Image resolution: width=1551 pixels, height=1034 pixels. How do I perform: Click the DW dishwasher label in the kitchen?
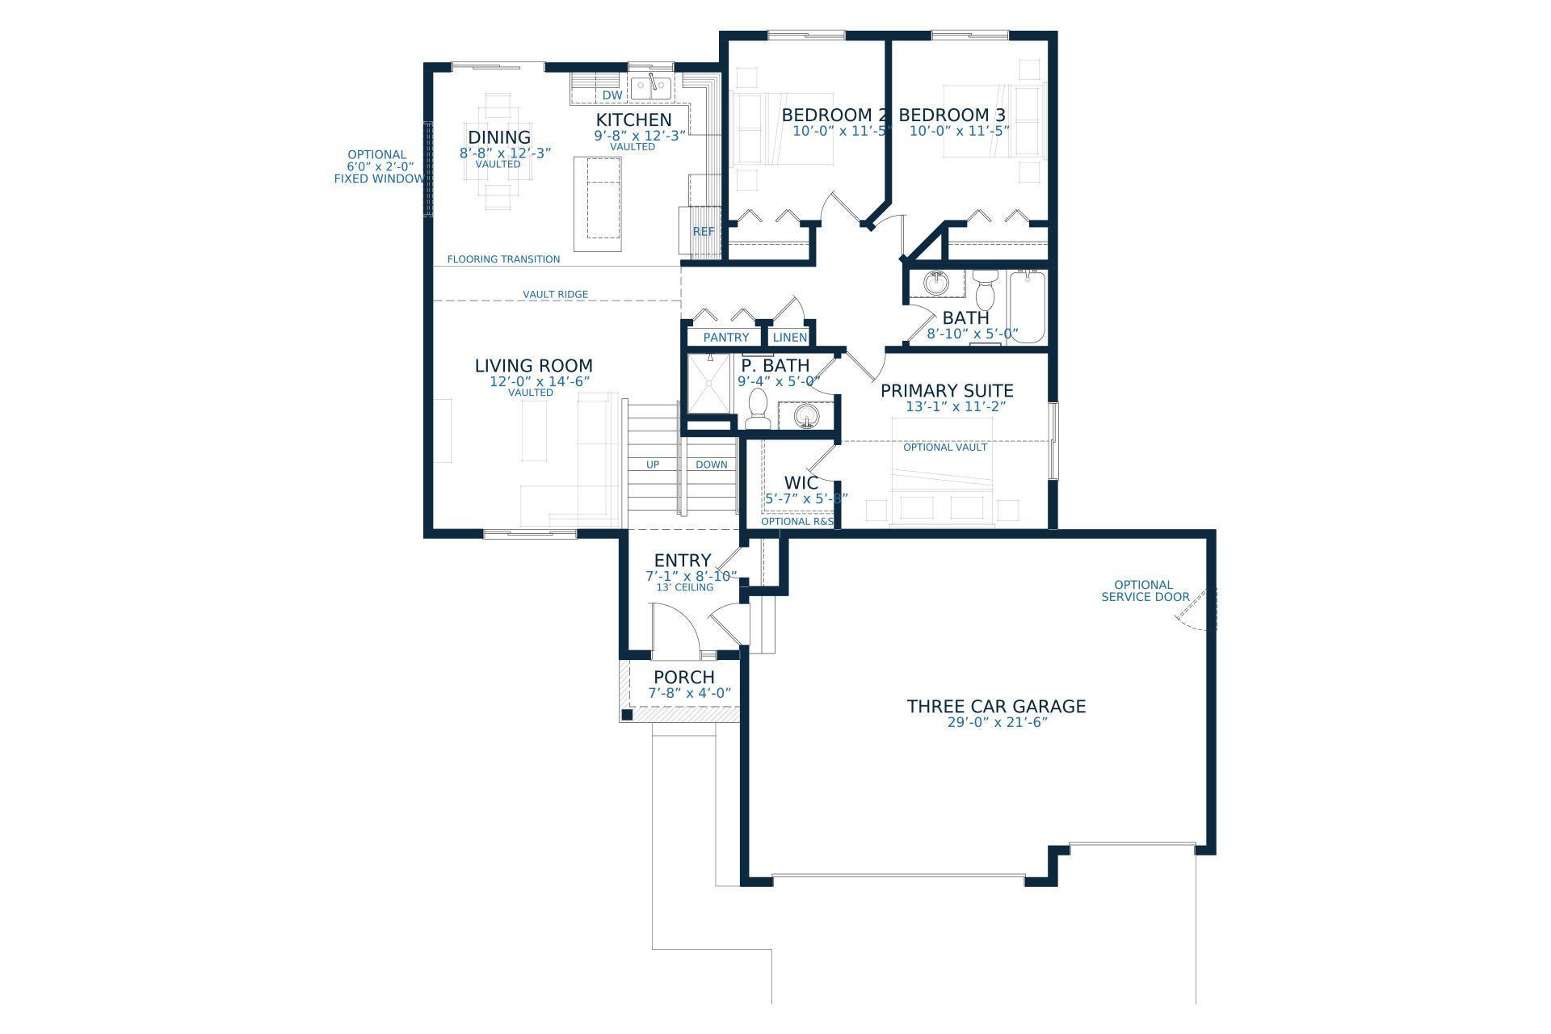point(612,95)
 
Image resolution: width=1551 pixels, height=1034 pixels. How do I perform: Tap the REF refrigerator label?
point(703,231)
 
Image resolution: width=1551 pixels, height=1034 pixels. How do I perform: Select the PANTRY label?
point(725,337)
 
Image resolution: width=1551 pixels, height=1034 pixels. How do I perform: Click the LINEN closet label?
point(789,337)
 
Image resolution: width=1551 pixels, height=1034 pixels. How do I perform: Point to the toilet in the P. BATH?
point(758,410)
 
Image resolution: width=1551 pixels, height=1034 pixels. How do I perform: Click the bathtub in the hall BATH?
point(1026,307)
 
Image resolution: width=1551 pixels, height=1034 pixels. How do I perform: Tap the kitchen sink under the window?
point(650,86)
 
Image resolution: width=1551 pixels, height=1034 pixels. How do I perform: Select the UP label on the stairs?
point(652,464)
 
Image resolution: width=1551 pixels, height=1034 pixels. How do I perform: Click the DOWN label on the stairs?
point(711,464)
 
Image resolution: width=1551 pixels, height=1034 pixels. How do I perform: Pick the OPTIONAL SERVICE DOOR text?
point(1144,591)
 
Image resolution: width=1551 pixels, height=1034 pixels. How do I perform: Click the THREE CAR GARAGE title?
point(995,706)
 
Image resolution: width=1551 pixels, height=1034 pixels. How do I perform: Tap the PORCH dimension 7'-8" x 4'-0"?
point(689,693)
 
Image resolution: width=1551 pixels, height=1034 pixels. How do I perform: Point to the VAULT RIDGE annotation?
point(555,294)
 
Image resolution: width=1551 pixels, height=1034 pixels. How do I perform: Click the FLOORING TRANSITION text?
point(503,259)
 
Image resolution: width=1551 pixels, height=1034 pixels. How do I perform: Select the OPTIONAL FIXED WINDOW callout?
point(377,166)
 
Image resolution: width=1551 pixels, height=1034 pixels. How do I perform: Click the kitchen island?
point(599,204)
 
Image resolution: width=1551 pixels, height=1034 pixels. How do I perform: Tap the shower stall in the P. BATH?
point(708,385)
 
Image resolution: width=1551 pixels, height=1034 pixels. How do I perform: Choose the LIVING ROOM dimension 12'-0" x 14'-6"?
point(540,381)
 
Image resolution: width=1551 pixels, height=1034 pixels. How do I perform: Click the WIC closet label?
point(801,483)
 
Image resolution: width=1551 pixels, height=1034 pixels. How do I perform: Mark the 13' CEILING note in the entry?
point(684,587)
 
